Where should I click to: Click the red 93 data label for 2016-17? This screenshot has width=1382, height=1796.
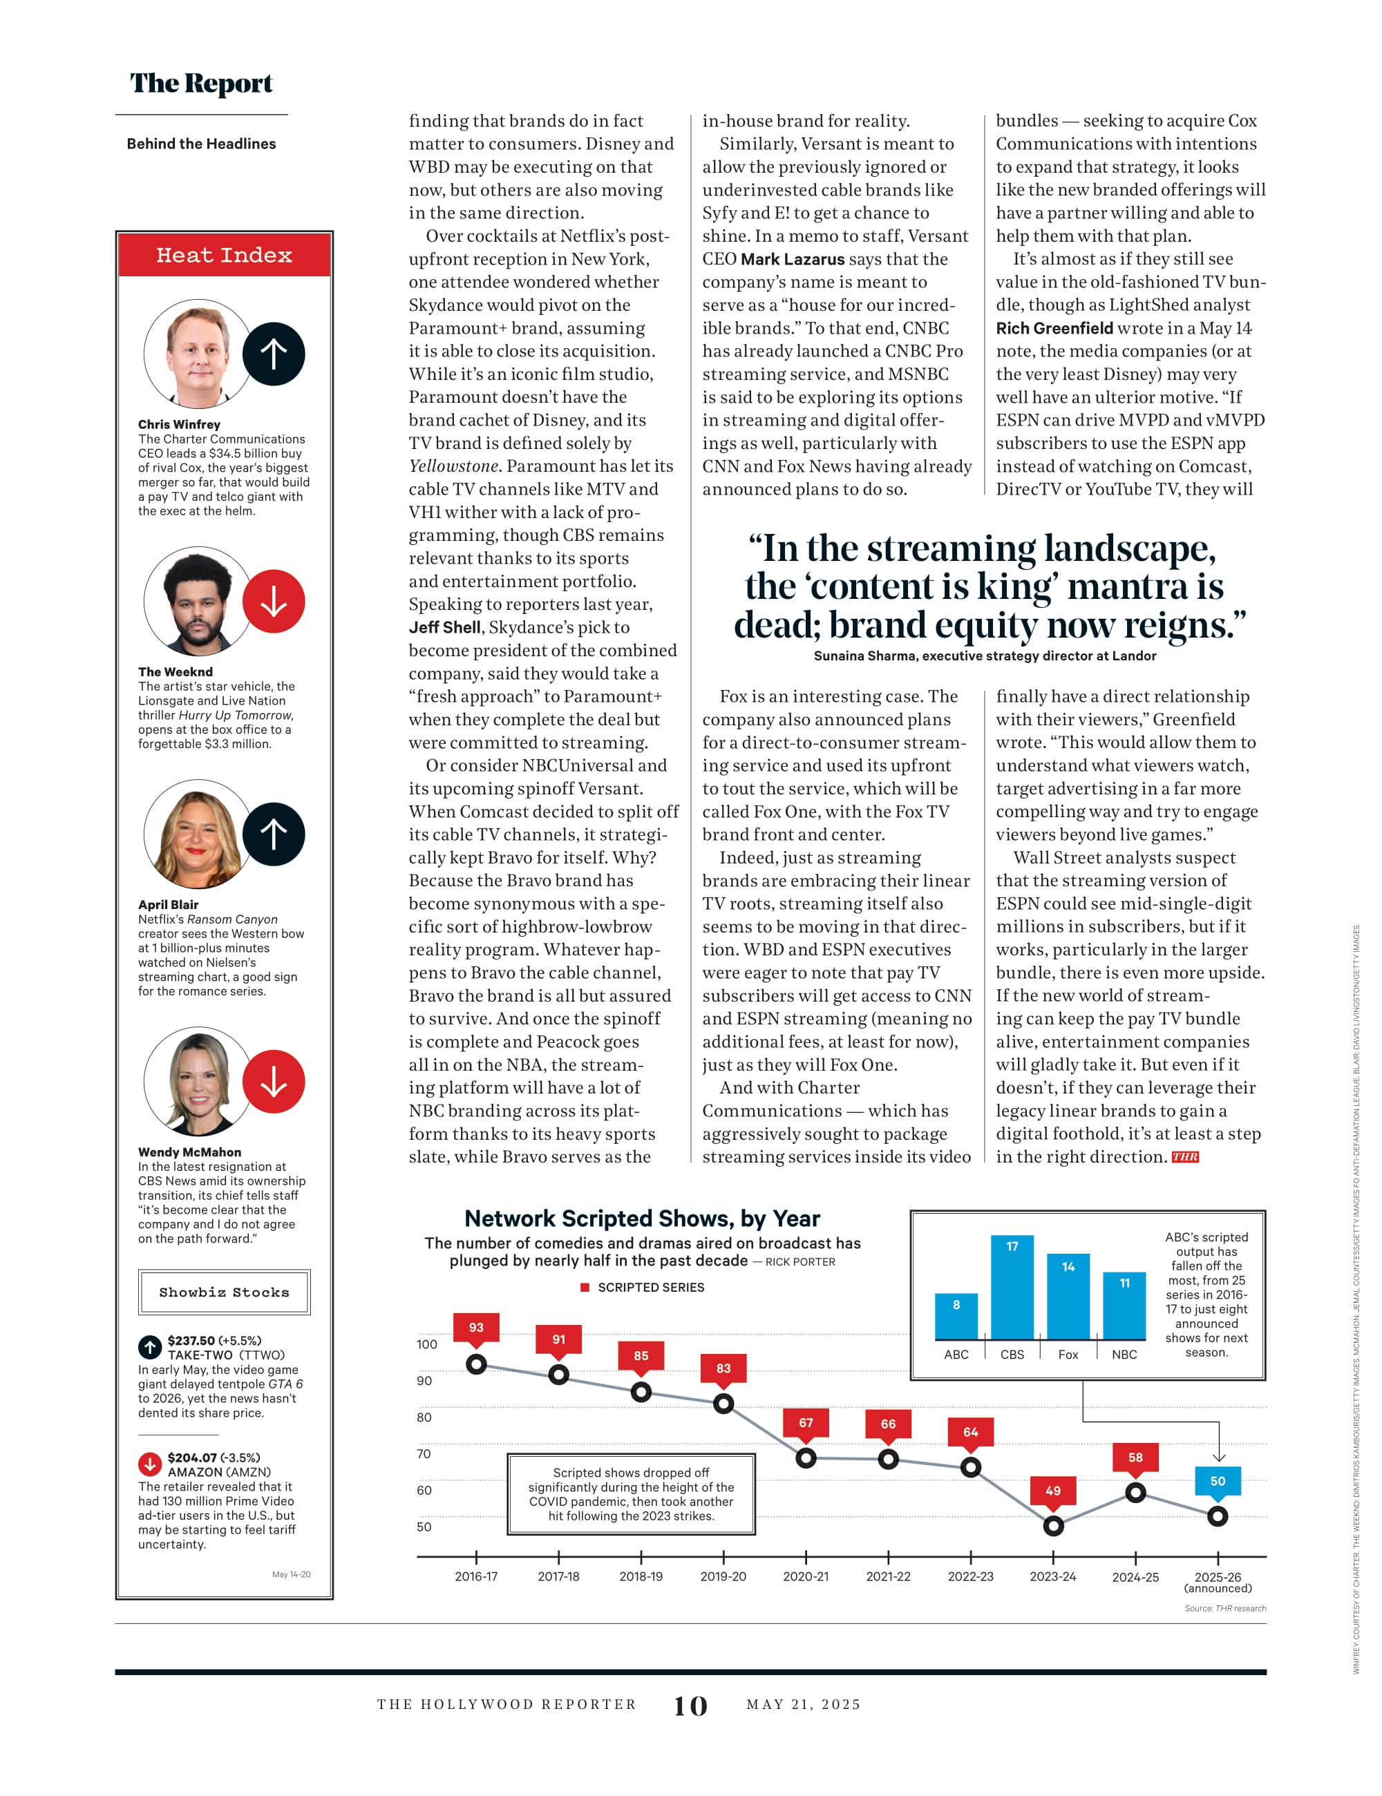tap(476, 1326)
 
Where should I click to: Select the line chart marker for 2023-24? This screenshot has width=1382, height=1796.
tap(1053, 1525)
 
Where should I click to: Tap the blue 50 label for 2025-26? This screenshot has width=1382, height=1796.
tap(1218, 1480)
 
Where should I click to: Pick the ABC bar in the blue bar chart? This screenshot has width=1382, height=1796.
tap(956, 1317)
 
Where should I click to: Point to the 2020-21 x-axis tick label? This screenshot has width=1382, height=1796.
tap(805, 1576)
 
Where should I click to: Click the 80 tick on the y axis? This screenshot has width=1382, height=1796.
tap(424, 1417)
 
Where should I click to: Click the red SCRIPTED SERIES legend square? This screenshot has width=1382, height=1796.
tap(585, 1287)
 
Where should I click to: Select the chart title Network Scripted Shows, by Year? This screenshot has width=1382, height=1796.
tap(642, 1218)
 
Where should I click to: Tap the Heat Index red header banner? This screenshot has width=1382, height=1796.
tap(224, 255)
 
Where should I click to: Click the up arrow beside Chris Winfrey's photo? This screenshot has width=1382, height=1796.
tap(274, 354)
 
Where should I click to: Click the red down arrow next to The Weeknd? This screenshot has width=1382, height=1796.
tap(274, 601)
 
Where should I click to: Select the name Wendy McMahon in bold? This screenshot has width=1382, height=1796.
tap(189, 1152)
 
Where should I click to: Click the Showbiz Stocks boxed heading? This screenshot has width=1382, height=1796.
tap(224, 1292)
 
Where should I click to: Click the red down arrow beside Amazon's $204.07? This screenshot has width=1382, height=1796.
tap(149, 1464)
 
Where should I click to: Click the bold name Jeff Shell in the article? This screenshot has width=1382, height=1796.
tap(444, 627)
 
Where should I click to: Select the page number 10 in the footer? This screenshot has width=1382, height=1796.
tap(690, 1706)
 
